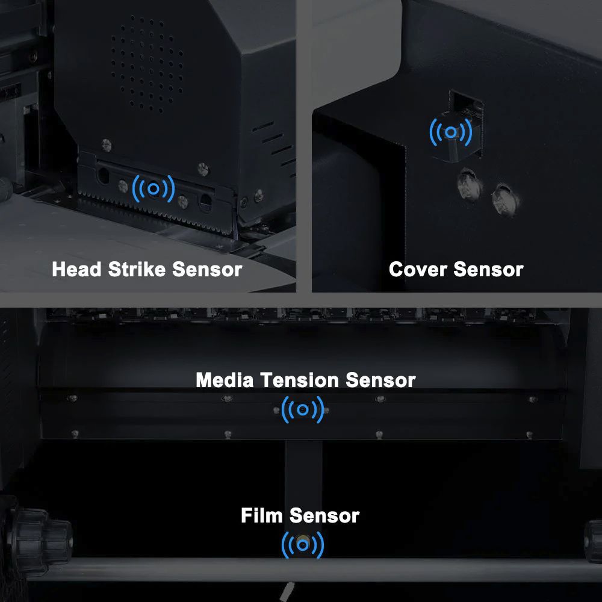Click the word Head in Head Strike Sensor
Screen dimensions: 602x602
[x=77, y=269]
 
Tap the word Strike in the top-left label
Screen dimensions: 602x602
[x=137, y=269]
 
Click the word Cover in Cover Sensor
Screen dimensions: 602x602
[x=418, y=269]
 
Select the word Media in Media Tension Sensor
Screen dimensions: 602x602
[x=225, y=380]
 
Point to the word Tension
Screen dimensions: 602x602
[x=299, y=380]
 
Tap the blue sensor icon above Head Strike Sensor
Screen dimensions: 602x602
[x=153, y=189]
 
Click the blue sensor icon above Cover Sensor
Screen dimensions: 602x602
[x=451, y=132]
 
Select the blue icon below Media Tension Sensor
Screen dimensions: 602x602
[x=303, y=409]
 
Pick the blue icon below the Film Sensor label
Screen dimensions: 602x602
[x=303, y=545]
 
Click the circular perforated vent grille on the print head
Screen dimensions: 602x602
[x=147, y=63]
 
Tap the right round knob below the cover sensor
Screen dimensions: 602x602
[x=505, y=199]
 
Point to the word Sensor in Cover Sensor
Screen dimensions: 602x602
[x=488, y=269]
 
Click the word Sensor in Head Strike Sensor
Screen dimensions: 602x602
[x=207, y=269]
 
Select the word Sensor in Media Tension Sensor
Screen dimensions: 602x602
[x=380, y=380]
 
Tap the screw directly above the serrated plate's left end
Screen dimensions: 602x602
[x=107, y=144]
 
